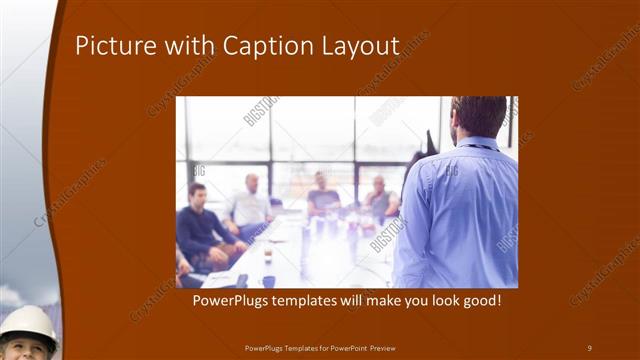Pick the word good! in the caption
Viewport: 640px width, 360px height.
point(479,300)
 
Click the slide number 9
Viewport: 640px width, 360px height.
point(589,347)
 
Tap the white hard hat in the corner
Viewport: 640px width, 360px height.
point(28,323)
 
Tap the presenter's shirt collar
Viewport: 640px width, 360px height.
point(478,143)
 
